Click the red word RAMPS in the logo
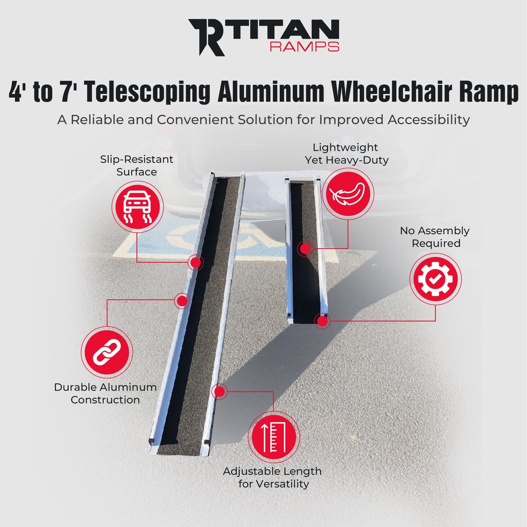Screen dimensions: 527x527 point(304,47)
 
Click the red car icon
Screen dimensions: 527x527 point(138,207)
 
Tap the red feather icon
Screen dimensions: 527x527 point(348,194)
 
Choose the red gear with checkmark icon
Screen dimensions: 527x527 point(435,279)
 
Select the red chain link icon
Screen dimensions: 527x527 point(107,352)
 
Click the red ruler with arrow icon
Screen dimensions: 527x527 point(274,437)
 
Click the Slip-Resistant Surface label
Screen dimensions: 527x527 point(137,165)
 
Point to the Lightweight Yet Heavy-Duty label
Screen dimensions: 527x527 point(346,154)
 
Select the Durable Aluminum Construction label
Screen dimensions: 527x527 point(105,393)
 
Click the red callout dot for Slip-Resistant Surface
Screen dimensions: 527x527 point(195,262)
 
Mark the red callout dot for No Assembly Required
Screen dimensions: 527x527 point(323,321)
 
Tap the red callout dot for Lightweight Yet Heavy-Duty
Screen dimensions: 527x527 point(305,249)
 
